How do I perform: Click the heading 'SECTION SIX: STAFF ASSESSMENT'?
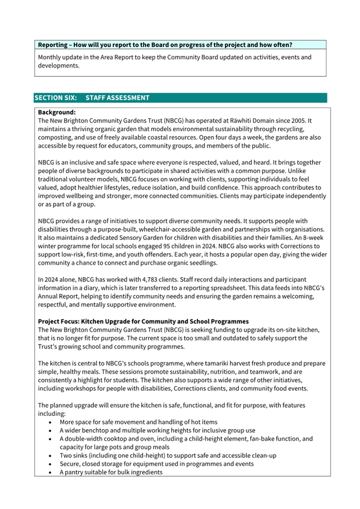(x=92, y=98)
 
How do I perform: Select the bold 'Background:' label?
(x=57, y=112)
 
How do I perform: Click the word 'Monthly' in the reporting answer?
(x=51, y=57)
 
